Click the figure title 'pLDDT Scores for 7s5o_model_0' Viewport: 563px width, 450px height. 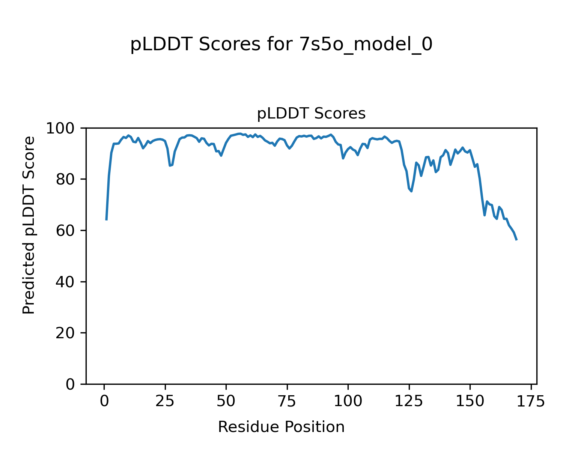click(x=281, y=45)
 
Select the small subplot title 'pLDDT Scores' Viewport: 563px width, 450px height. click(x=311, y=114)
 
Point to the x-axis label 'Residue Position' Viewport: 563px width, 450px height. click(x=281, y=427)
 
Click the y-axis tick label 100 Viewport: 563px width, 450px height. click(x=63, y=129)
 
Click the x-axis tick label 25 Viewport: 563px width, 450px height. click(x=165, y=402)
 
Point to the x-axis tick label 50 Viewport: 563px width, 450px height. click(x=226, y=402)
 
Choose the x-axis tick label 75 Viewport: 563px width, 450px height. click(x=287, y=402)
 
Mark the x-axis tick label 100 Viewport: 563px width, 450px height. click(x=348, y=402)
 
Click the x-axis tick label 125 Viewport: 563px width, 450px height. click(x=409, y=402)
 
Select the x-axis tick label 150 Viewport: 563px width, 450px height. click(x=470, y=402)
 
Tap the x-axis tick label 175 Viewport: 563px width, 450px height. click(x=531, y=402)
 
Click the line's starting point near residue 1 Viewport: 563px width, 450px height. click(x=107, y=219)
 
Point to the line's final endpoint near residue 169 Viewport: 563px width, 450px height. click(x=516, y=240)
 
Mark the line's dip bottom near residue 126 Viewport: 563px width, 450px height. click(x=411, y=191)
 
